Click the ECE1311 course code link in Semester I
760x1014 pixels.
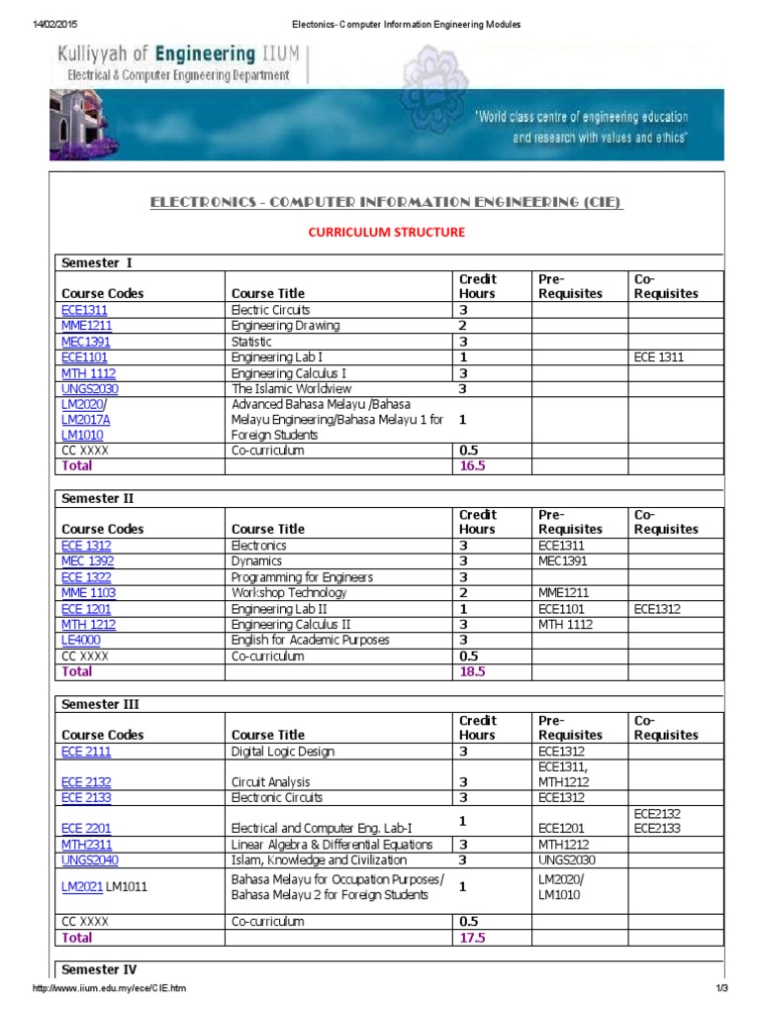[x=84, y=310]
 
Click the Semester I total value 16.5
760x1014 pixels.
[x=472, y=465]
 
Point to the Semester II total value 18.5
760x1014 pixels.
[x=472, y=671]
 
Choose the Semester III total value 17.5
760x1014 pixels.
[x=472, y=937]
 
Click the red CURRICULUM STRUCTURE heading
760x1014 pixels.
[x=386, y=232]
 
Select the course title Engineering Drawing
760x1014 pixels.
[x=285, y=326]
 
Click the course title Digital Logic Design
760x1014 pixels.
[x=282, y=752]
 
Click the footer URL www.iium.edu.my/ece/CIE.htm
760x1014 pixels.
[x=109, y=990]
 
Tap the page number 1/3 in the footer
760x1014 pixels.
[x=721, y=990]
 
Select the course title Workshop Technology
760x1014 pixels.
[x=289, y=593]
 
